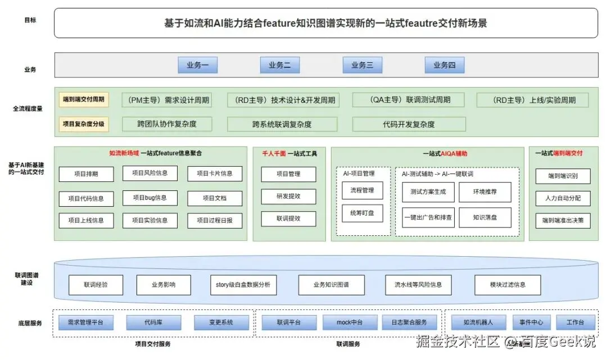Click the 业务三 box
[363, 65]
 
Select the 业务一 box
[197, 65]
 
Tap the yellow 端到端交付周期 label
[84, 99]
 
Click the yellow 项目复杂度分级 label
[84, 124]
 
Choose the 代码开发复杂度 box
[409, 124]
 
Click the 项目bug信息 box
[150, 198]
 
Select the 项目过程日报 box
[215, 221]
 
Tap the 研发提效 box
[288, 197]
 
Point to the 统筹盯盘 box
[363, 213]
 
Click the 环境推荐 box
[485, 192]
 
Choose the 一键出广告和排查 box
[428, 217]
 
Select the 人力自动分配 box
[563, 198]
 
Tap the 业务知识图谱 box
[331, 285]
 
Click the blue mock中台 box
[350, 322]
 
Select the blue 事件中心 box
[531, 322]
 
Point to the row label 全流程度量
[28, 108]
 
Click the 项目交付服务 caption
[153, 344]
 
